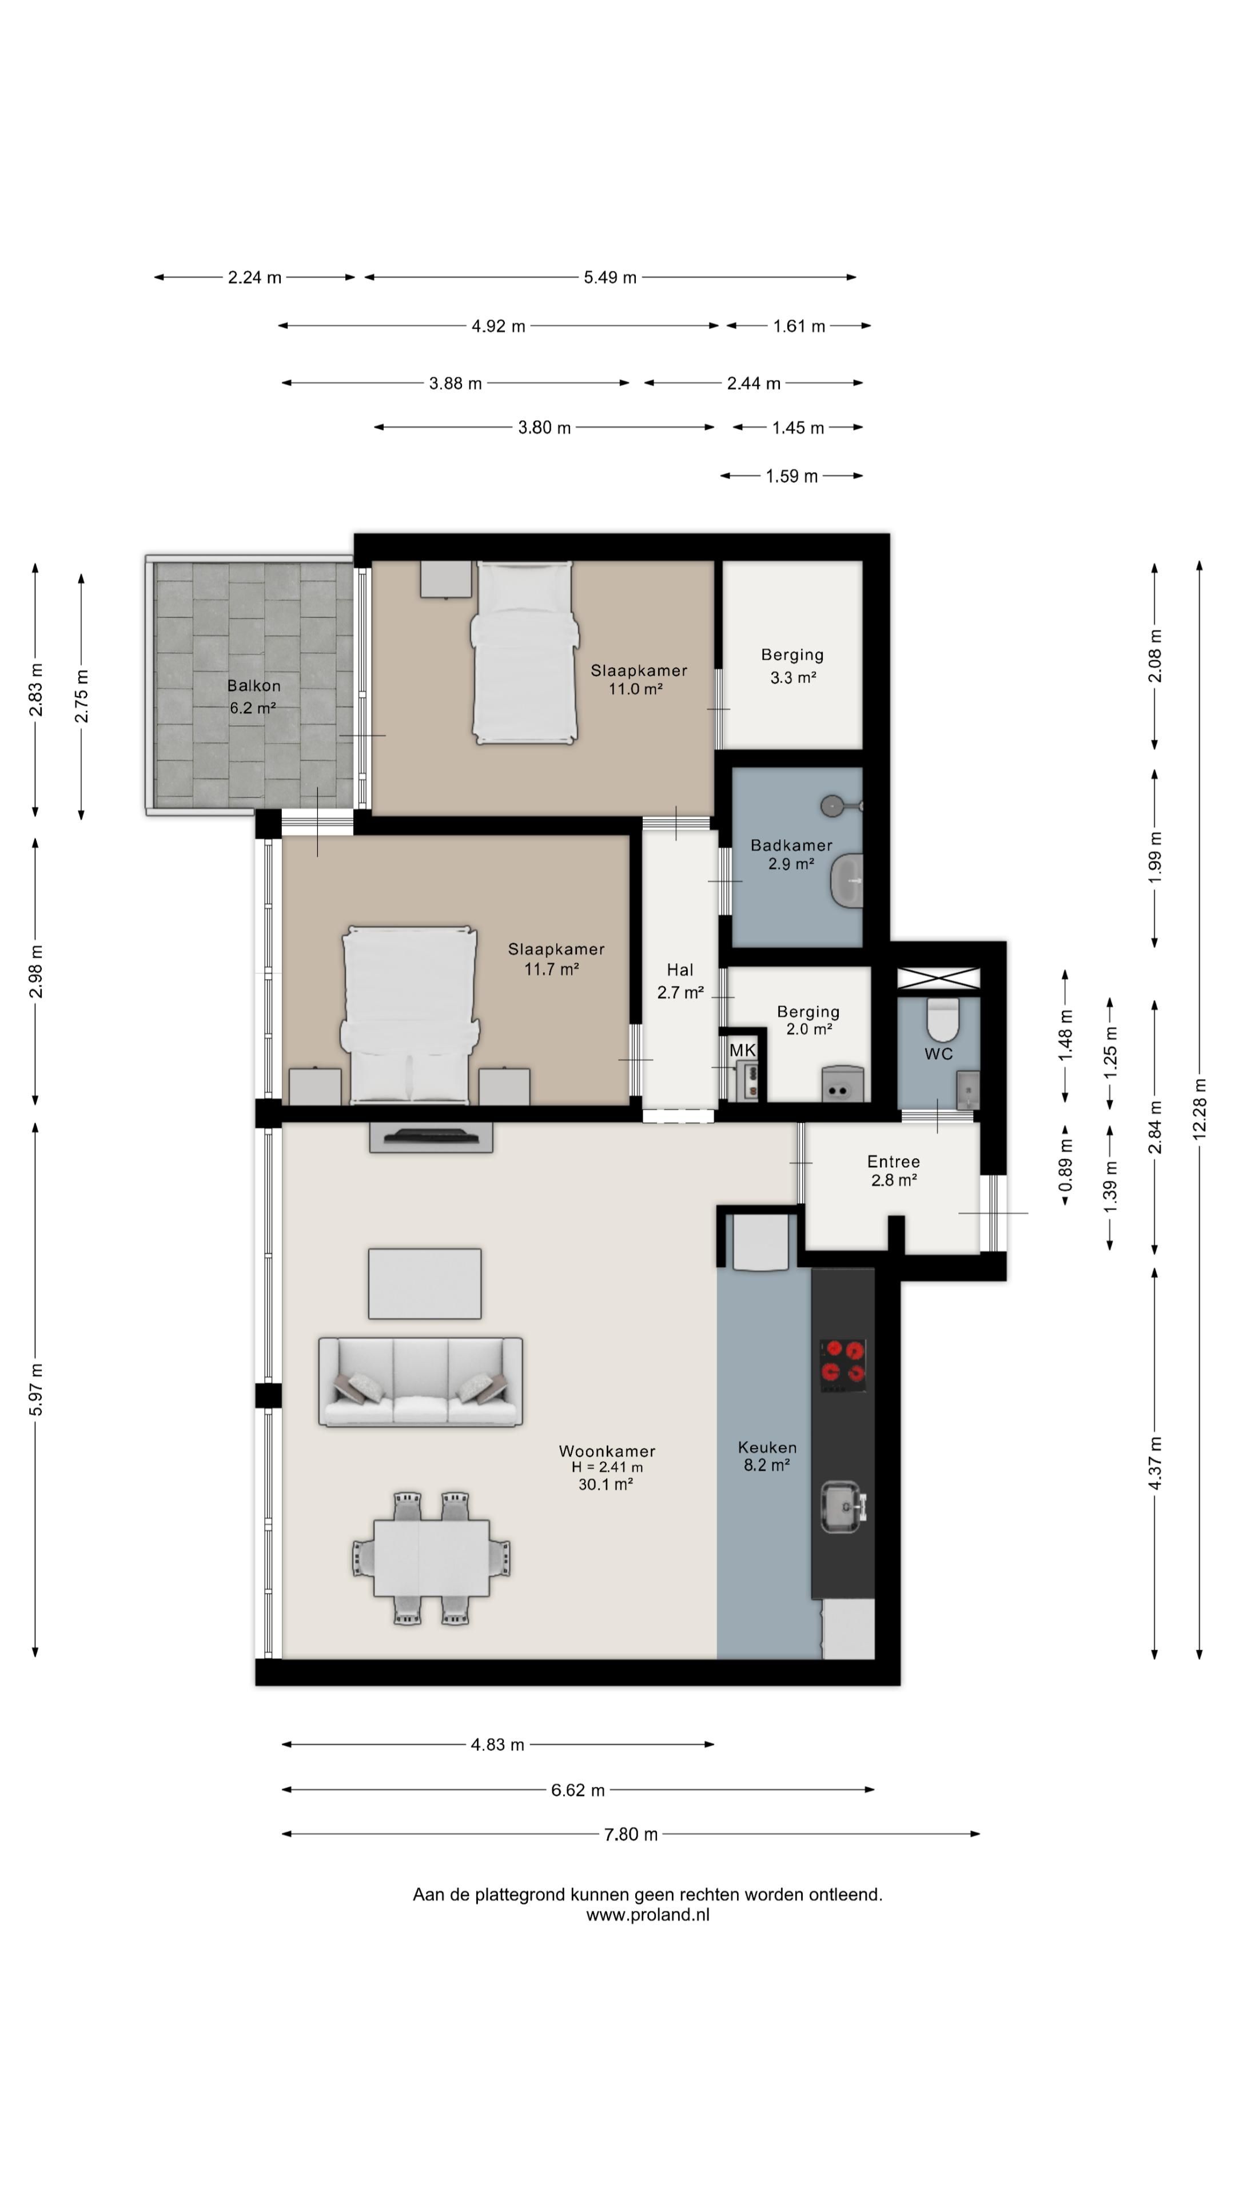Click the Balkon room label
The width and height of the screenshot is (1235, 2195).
[253, 686]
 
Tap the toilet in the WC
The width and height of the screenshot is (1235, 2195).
[943, 1019]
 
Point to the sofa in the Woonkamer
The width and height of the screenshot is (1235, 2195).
[420, 1381]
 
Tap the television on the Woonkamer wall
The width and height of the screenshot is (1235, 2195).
[431, 1138]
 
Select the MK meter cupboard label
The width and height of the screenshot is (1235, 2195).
[742, 1051]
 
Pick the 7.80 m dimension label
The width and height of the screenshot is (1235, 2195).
[631, 1834]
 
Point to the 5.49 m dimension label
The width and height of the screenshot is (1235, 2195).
[610, 277]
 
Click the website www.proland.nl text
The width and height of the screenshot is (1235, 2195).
[648, 1915]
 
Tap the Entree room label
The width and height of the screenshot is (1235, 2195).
[893, 1162]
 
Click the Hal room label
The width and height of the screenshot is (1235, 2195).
[680, 969]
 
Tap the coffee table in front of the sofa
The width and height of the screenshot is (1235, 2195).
[424, 1283]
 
